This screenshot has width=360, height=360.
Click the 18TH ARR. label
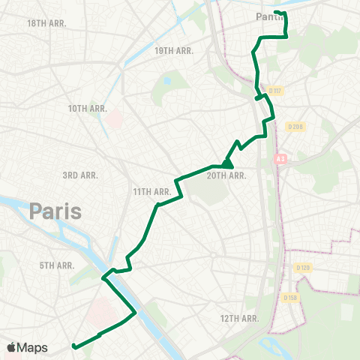click(46, 23)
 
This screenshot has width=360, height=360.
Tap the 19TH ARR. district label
click(174, 50)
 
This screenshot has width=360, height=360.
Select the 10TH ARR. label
click(88, 109)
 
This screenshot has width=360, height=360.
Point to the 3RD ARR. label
click(79, 175)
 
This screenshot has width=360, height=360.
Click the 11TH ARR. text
click(152, 192)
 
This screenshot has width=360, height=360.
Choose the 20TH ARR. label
click(226, 175)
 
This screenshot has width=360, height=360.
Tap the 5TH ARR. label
click(56, 265)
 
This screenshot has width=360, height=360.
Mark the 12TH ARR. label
click(238, 319)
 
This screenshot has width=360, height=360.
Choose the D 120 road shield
click(303, 267)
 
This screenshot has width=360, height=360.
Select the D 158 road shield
click(292, 298)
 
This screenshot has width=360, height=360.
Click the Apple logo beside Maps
click(11, 347)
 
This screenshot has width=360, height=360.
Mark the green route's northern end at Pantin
click(276, 12)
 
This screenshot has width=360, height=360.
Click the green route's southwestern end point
click(73, 346)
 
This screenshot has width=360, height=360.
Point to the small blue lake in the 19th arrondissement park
click(166, 80)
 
